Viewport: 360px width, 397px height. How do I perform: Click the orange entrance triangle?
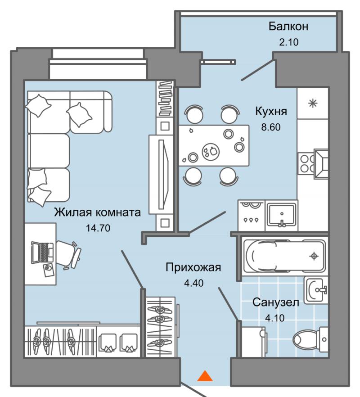click(x=205, y=376)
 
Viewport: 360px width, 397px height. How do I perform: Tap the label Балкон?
click(x=288, y=26)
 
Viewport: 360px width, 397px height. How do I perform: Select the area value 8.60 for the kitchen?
click(x=271, y=127)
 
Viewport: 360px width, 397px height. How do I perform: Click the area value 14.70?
click(x=98, y=228)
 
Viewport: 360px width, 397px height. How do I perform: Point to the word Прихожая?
click(x=193, y=268)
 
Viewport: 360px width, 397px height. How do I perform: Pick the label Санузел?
click(x=276, y=302)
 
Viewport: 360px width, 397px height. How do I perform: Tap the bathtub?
click(x=284, y=256)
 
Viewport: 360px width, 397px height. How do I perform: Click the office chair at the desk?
click(x=69, y=255)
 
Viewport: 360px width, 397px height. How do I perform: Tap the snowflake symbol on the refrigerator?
click(x=313, y=104)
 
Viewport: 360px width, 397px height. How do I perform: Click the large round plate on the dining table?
click(x=211, y=151)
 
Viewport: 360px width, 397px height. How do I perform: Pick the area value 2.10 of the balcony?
click(x=289, y=42)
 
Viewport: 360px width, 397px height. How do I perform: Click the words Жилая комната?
click(x=98, y=212)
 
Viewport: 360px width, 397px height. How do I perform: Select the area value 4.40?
click(x=193, y=283)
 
